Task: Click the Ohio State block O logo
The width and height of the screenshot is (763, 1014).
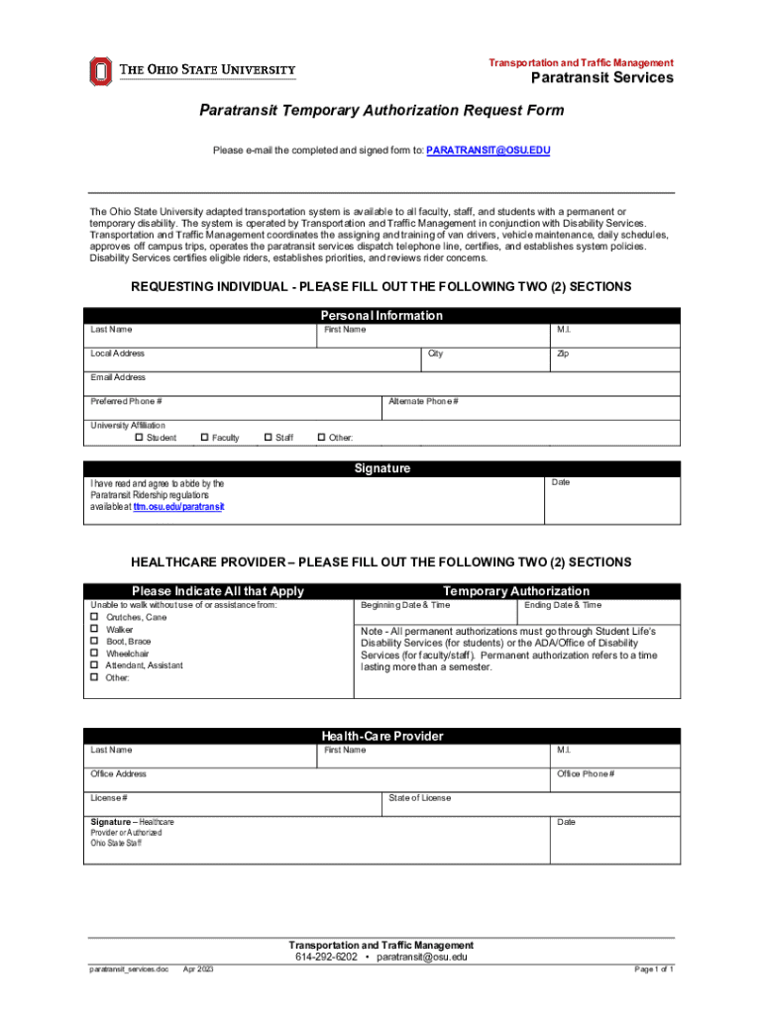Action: coord(100,71)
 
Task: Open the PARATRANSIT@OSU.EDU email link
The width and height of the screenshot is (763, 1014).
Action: coord(488,151)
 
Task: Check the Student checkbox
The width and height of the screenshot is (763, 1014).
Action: coord(140,437)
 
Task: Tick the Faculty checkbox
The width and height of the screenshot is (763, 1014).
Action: coord(205,437)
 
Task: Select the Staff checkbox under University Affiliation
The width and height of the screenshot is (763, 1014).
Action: coord(269,437)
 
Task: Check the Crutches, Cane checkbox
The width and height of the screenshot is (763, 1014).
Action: coord(95,617)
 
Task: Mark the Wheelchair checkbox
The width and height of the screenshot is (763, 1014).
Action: coord(95,654)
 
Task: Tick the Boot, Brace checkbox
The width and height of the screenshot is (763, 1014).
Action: coord(95,642)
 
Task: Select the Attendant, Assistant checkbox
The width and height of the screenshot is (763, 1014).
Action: coord(95,665)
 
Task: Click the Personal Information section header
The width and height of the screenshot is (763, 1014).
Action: coord(381,315)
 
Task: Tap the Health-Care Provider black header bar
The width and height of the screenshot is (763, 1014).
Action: coord(381,736)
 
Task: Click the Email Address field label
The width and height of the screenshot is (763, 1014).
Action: coord(118,377)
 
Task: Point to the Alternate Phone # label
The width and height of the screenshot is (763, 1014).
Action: coord(423,401)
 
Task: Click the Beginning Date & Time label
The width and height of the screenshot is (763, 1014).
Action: coord(405,605)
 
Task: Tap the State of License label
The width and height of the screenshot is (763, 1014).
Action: coord(419,798)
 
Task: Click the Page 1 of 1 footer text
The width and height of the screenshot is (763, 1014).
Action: coord(654,969)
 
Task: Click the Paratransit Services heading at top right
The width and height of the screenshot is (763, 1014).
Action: coord(601,78)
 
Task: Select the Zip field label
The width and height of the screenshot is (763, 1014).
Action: coord(562,354)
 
